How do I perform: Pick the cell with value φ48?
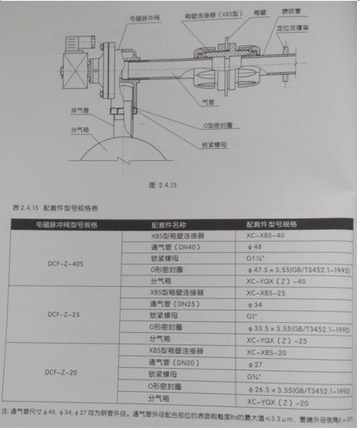point(254,248)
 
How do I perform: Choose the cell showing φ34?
point(254,304)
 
